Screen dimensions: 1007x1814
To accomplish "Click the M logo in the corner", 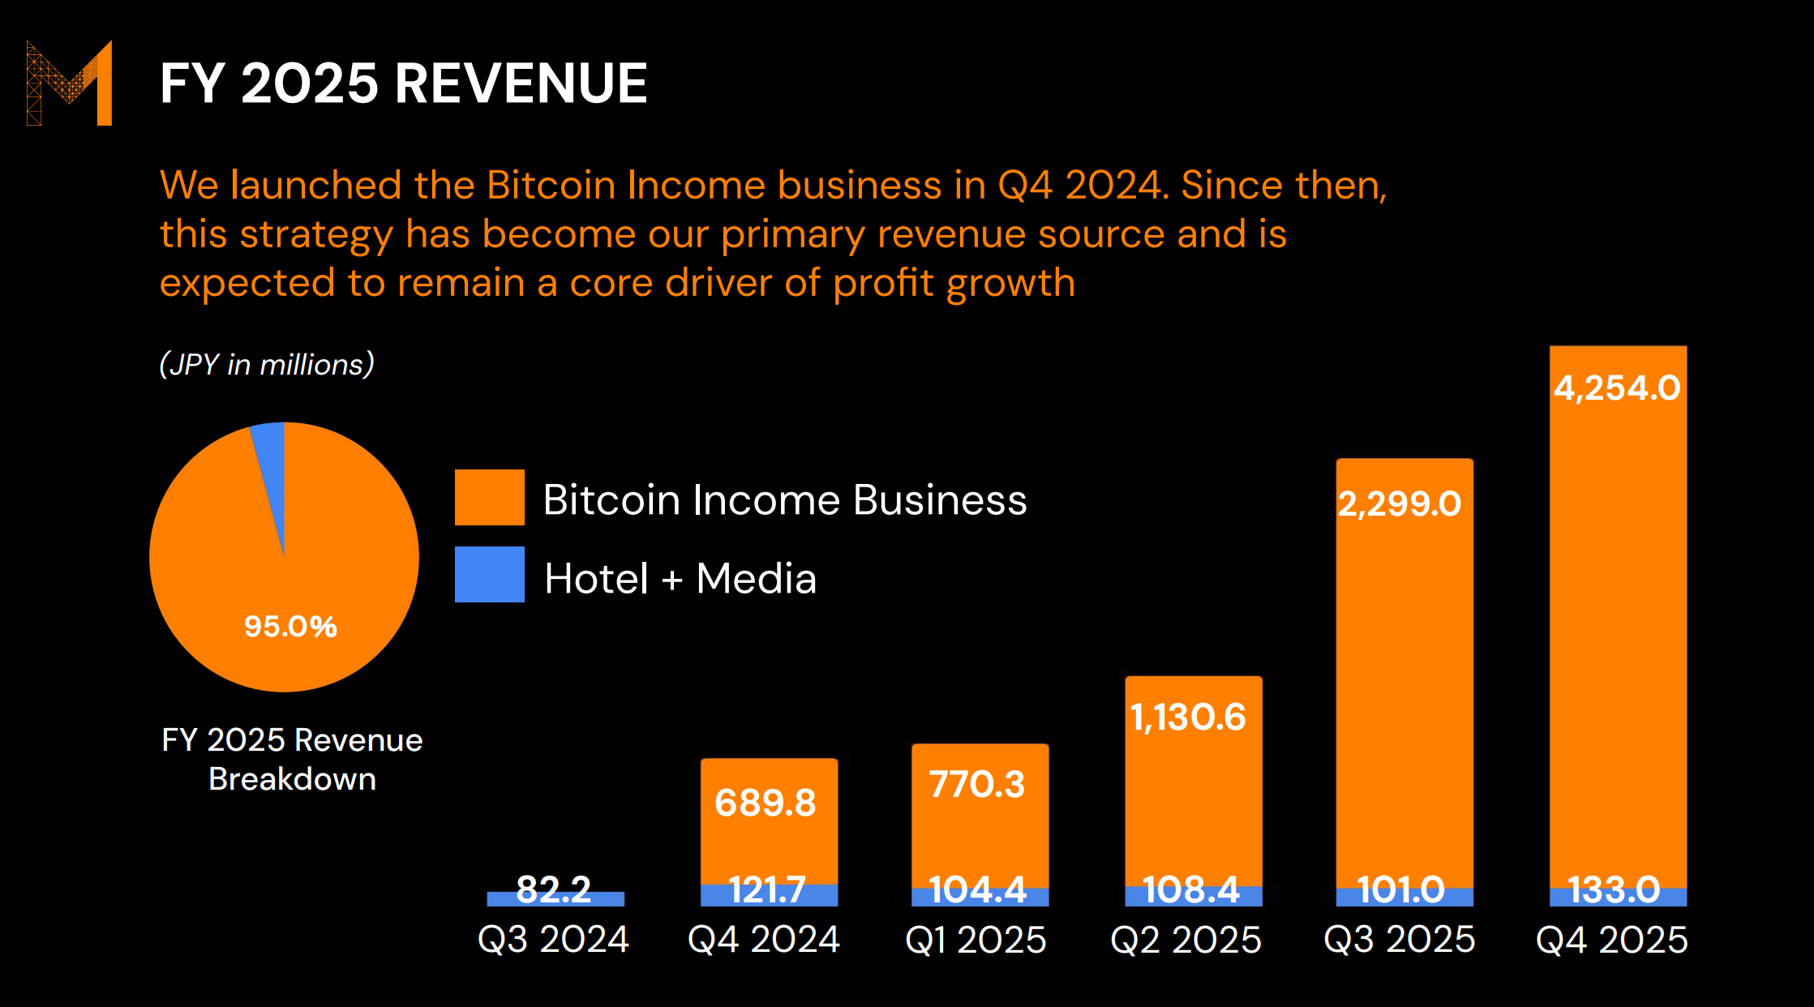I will pyautogui.click(x=70, y=83).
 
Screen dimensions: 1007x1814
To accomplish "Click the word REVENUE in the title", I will pyautogui.click(x=521, y=84).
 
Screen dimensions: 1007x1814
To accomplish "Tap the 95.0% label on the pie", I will pyautogui.click(x=290, y=626).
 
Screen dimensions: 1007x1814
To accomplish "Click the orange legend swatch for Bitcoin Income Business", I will pyautogui.click(x=489, y=497).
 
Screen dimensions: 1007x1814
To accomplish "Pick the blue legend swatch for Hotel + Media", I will pyautogui.click(x=489, y=574).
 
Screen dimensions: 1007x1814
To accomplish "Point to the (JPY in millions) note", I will pyautogui.click(x=267, y=364).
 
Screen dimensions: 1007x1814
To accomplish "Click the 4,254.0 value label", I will pyautogui.click(x=1617, y=388).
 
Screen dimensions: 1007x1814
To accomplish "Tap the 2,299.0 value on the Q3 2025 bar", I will pyautogui.click(x=1399, y=504).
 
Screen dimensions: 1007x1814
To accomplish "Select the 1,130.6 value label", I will pyautogui.click(x=1188, y=717).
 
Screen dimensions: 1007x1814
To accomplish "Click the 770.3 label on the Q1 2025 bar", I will pyautogui.click(x=977, y=784).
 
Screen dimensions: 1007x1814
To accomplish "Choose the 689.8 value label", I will pyautogui.click(x=765, y=803).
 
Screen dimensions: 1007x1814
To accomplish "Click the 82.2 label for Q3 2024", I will pyautogui.click(x=554, y=889).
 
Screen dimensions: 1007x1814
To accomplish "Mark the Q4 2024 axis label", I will pyautogui.click(x=764, y=939).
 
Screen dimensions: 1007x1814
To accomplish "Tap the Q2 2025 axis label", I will pyautogui.click(x=1186, y=939).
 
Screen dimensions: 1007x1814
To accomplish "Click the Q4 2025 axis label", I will pyautogui.click(x=1612, y=939).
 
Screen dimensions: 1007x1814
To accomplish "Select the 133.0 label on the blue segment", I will pyautogui.click(x=1614, y=890).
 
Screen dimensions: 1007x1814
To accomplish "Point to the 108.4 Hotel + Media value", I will pyautogui.click(x=1191, y=890).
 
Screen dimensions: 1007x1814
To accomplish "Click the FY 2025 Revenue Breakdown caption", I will pyautogui.click(x=292, y=759).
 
